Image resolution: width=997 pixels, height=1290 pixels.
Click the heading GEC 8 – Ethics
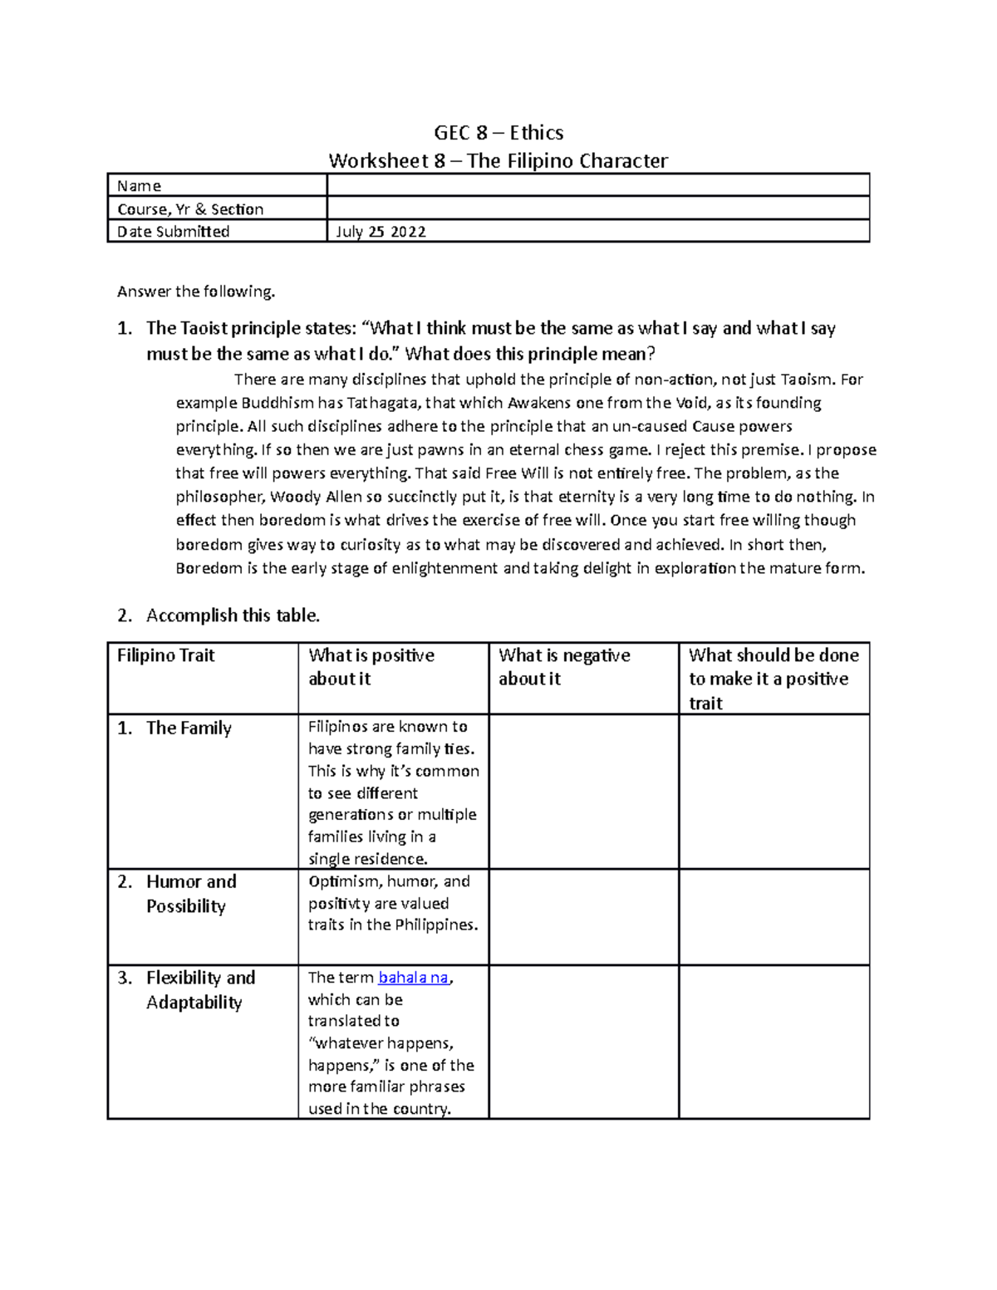coord(498,133)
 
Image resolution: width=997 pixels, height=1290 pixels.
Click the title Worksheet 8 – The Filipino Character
coord(498,160)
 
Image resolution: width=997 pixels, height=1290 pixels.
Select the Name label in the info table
coord(139,186)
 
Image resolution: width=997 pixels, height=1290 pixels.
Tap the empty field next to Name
coord(598,185)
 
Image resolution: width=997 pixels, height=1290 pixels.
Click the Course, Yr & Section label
coord(190,209)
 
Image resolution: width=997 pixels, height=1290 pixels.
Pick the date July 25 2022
coord(381,232)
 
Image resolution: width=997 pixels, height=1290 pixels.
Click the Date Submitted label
coord(173,232)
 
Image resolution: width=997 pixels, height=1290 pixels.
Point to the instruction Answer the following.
coord(195,292)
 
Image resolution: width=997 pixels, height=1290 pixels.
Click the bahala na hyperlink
coord(413,978)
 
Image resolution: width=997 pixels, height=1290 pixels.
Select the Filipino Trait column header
coord(166,655)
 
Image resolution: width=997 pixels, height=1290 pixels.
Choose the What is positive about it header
coord(371,667)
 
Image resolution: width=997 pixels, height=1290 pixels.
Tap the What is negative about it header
coord(564,667)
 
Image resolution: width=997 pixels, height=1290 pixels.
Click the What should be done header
coord(773,679)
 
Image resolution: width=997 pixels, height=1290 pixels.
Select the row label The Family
coord(189,728)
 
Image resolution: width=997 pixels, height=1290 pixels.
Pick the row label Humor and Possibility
coord(191,894)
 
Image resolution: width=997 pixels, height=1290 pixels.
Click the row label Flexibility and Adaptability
coord(200,990)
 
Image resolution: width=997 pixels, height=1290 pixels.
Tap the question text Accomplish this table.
coord(233,616)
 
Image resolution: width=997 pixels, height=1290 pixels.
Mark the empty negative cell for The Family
coord(583,792)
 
